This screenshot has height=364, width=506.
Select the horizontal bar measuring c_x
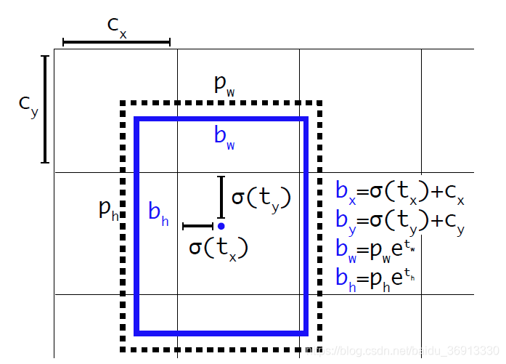pos(116,43)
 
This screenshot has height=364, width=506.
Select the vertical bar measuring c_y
pos(45,108)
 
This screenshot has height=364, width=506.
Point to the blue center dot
pos(221,226)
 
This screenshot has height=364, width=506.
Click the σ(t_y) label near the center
pos(261,198)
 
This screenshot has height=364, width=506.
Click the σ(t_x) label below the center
pos(219,247)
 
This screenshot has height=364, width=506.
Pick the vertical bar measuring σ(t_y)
pos(221,196)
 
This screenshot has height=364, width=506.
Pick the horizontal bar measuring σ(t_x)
pos(197,227)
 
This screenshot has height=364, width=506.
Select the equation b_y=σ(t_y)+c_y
pos(399,219)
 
